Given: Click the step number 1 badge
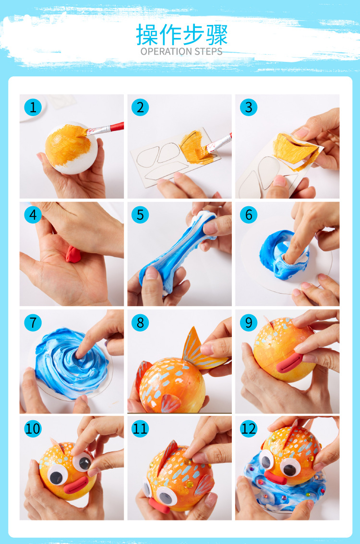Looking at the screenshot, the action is point(33,107).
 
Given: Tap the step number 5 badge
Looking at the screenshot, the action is point(140,215).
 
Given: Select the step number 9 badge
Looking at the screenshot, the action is point(249,322).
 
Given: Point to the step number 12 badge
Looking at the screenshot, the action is point(249,428).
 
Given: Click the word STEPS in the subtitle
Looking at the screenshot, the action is point(208,51).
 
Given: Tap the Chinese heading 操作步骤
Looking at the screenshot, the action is point(181,35).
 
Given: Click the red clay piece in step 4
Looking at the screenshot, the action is point(73,254).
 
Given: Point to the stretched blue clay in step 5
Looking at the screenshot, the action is point(178,249).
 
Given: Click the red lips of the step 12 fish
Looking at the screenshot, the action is point(276,477).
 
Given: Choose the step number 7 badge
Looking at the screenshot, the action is point(33,322).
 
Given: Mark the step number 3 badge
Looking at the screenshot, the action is point(249,107).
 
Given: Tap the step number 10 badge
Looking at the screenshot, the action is point(33,428).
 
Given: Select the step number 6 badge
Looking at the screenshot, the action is point(249,215).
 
